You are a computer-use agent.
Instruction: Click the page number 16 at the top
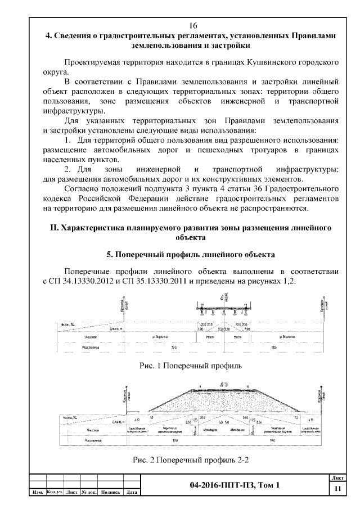coord(192,26)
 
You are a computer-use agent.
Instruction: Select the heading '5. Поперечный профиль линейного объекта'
coord(191,254)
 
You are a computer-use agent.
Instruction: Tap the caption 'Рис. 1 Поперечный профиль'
coord(190,366)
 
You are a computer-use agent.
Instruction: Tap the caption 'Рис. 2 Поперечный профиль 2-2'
coord(190,460)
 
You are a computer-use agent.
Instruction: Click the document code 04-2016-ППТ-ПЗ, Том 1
coord(234,485)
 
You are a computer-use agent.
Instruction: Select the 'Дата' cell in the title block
coord(133,493)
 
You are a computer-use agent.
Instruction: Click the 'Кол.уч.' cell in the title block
coord(55,493)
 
